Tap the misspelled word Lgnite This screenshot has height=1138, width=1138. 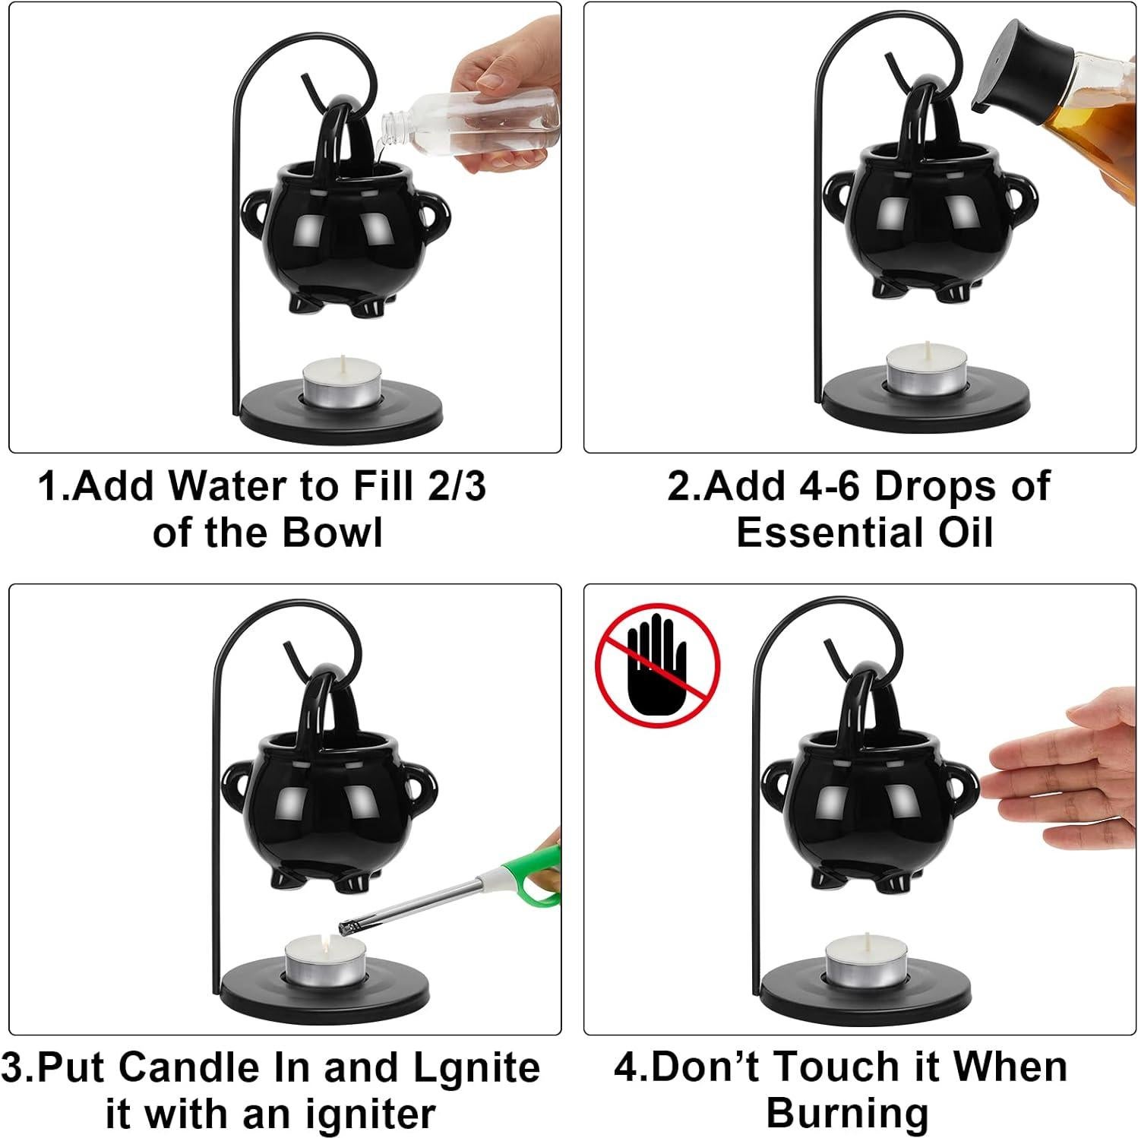point(477,1067)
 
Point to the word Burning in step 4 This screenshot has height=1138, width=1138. point(847,1114)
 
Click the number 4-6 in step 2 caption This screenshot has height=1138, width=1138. point(830,486)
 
